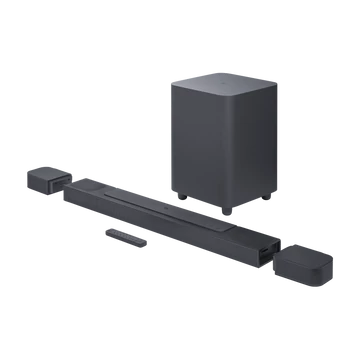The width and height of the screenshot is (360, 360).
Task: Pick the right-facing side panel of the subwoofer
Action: [244, 144]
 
